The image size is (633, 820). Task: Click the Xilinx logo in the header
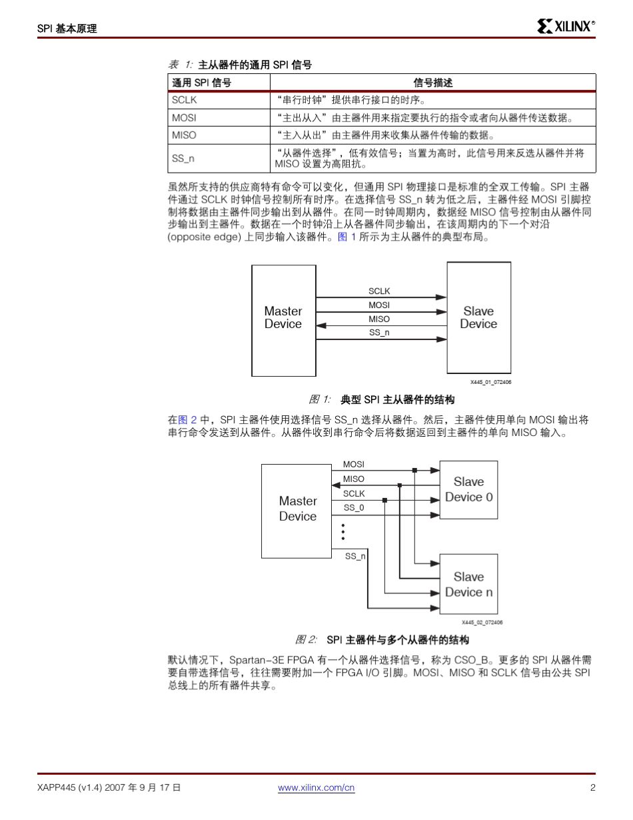coord(566,27)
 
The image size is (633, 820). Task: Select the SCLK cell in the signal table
coord(185,101)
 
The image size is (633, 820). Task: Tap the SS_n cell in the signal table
coord(183,159)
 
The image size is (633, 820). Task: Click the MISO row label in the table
coord(184,135)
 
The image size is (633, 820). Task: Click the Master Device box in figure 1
coord(283,317)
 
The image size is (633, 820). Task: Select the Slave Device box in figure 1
coord(478,317)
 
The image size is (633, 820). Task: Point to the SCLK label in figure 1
coord(379,291)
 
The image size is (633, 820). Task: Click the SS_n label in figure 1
coord(379,332)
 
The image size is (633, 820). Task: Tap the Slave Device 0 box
coord(469,489)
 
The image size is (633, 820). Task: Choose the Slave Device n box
coord(469,584)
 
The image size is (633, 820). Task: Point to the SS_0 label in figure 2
coord(354,508)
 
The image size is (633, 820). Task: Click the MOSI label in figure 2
coord(354,464)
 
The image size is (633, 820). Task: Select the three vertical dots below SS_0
coord(343,531)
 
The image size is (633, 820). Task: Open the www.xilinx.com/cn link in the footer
coord(316,787)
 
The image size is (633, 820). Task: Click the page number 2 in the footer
coord(592,787)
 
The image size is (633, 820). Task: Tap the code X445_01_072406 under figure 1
coord(490,382)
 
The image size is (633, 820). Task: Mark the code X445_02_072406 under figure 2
coord(482,622)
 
